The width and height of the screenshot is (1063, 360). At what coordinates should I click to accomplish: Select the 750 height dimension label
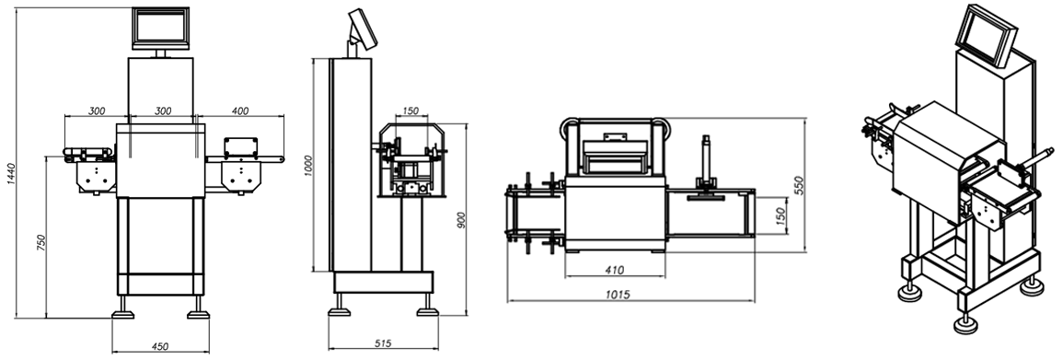[40, 243]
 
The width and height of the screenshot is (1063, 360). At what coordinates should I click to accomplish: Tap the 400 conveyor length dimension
[240, 110]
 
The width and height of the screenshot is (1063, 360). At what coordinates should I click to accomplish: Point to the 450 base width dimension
[160, 346]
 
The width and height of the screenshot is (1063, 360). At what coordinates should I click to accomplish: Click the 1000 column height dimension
[308, 166]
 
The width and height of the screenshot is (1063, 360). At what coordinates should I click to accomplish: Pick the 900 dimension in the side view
[462, 220]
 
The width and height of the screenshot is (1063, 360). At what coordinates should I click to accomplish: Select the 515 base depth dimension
[383, 343]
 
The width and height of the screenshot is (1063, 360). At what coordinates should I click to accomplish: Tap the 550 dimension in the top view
[799, 186]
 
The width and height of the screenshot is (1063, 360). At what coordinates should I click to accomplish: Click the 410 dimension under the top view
[614, 271]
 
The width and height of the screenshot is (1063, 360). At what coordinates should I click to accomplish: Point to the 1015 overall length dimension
[618, 295]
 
